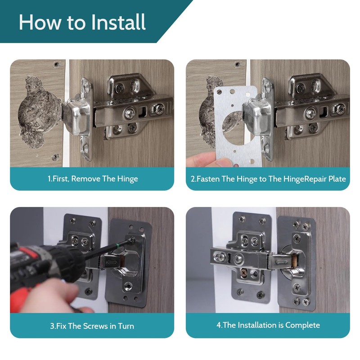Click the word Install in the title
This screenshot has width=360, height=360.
118,22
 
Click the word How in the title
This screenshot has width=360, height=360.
40,22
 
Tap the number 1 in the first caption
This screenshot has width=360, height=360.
49,179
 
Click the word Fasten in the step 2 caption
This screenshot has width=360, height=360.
207,179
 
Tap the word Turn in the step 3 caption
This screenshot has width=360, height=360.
126,326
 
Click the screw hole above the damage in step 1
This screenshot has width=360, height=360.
56,64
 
